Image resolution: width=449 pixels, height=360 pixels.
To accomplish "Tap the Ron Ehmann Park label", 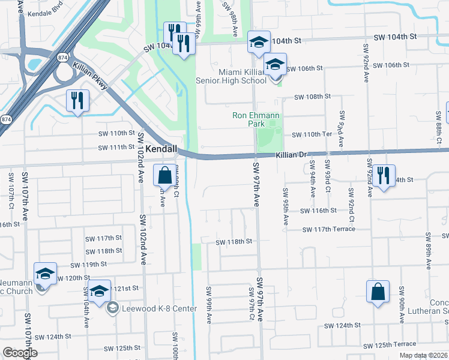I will point(257,119).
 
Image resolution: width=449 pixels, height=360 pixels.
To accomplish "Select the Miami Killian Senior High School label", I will point(234,76).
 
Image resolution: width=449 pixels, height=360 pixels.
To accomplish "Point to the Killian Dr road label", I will point(291,155).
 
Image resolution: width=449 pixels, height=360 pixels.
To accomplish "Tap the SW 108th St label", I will point(312,96).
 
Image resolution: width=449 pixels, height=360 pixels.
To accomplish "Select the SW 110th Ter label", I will point(312,136).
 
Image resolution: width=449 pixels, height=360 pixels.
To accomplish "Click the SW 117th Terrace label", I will point(328,229).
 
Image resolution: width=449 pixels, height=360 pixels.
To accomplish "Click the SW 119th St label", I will point(88,265).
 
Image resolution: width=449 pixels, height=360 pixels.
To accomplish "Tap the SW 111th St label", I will point(116,147).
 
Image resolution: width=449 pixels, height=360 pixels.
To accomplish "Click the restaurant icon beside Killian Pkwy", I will point(78,101).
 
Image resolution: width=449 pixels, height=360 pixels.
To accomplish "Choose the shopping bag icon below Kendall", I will point(164,176).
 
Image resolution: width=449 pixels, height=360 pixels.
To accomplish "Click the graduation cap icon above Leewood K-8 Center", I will point(100,290).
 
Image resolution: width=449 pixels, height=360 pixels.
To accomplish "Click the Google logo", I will point(20,353).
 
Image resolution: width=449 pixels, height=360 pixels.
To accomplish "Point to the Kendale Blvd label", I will point(46,12).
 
